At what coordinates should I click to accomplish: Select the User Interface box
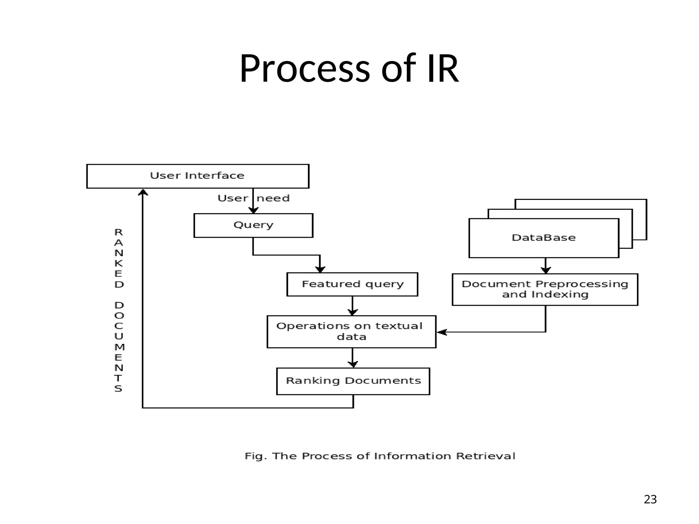tap(198, 176)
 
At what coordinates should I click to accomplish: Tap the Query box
tap(253, 225)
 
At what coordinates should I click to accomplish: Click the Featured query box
tap(352, 284)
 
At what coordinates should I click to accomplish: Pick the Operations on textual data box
tap(351, 332)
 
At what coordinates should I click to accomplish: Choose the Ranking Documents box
tap(353, 381)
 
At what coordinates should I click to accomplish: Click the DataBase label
tap(543, 238)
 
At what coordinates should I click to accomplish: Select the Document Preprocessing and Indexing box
tap(545, 289)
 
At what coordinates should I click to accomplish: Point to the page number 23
tap(650, 499)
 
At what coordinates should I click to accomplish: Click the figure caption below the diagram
tap(380, 456)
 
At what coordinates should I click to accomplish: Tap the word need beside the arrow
tap(273, 198)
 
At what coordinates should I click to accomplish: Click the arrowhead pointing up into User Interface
tap(143, 193)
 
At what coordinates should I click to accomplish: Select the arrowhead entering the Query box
tap(253, 210)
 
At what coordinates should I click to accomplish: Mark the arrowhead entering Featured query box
tap(320, 269)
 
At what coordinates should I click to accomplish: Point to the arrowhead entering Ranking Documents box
tap(353, 364)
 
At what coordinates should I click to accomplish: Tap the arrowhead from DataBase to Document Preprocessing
tap(546, 270)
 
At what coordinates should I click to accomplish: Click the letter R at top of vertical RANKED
tap(118, 232)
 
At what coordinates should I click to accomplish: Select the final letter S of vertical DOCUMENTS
tap(118, 389)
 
